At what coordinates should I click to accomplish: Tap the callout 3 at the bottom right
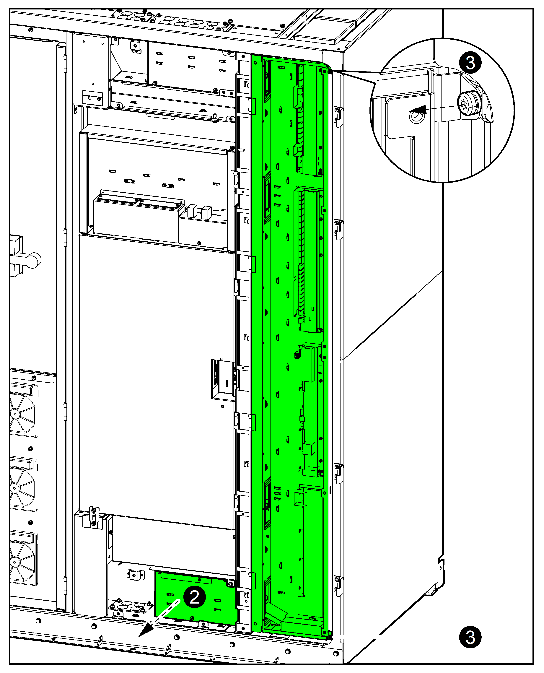click(470, 637)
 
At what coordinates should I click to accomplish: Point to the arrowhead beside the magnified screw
click(418, 110)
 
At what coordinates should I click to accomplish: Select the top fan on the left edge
click(24, 411)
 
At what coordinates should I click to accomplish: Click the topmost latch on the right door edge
click(338, 117)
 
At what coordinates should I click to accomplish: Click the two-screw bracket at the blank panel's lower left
click(93, 518)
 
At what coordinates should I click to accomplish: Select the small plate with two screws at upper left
click(92, 98)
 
